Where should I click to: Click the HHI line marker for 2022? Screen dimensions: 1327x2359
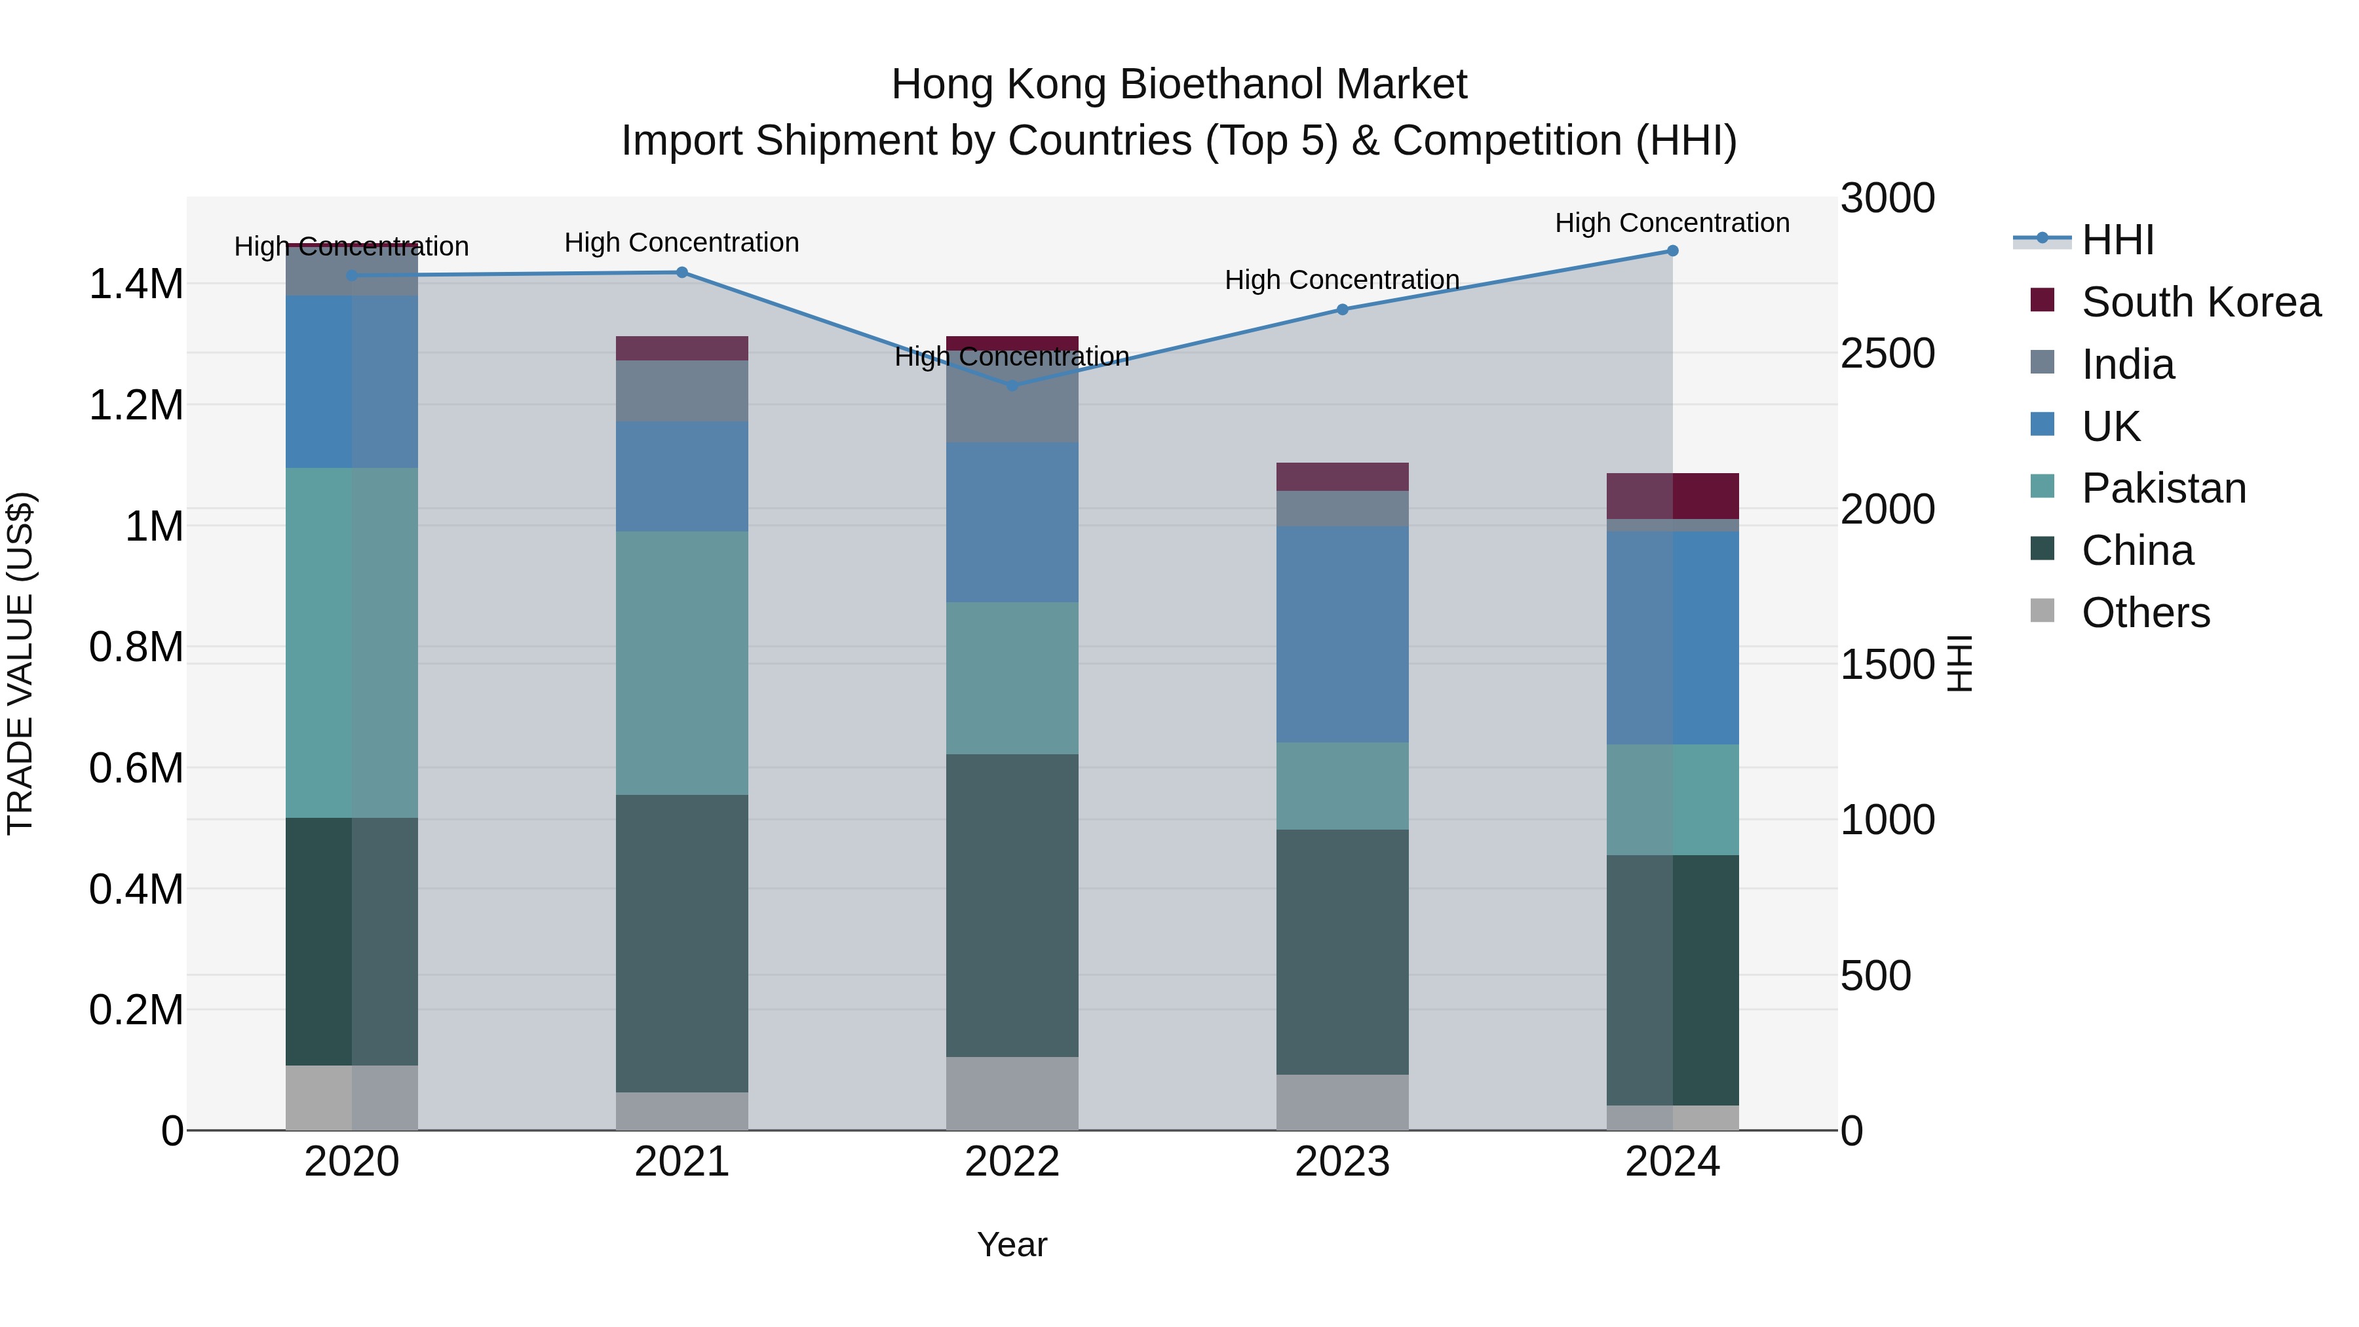coord(1012,385)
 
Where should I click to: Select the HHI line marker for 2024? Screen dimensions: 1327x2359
coord(1672,251)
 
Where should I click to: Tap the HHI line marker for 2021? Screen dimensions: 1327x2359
coord(681,272)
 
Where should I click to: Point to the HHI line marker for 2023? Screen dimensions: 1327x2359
coord(1343,309)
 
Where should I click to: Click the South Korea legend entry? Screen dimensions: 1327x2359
coord(2200,302)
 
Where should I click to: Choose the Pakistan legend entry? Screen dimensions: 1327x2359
coord(2163,488)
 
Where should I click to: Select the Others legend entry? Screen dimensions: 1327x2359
coord(2145,613)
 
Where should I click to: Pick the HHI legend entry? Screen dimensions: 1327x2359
coord(2117,240)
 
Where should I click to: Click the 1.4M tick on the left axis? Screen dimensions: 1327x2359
coord(136,284)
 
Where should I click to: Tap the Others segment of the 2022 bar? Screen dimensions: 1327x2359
coord(1012,1094)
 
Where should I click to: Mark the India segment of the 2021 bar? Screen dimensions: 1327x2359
coord(681,391)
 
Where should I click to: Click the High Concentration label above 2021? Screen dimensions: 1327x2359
coord(681,242)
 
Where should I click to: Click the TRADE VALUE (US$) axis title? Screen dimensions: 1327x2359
coord(20,663)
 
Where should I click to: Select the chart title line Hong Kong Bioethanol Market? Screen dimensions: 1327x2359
coord(1179,85)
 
